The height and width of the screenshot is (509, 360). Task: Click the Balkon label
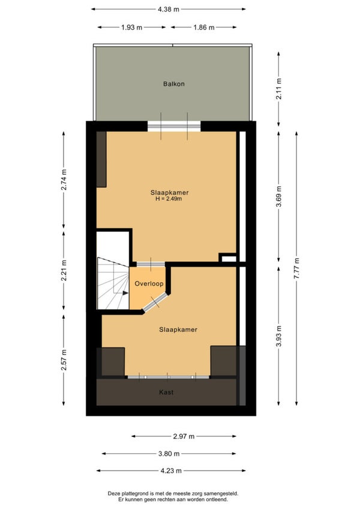click(x=173, y=84)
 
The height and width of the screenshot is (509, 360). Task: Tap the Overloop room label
click(x=149, y=284)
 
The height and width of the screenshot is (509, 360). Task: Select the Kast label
click(x=166, y=392)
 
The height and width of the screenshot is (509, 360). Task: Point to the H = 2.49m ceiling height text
click(x=169, y=199)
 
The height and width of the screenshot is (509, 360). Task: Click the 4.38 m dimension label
click(x=169, y=9)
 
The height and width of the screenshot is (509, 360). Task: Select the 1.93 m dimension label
click(x=132, y=27)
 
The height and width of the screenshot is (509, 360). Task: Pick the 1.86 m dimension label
click(x=204, y=27)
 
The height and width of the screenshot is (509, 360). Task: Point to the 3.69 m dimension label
click(x=279, y=197)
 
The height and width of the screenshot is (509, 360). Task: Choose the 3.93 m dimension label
click(x=279, y=336)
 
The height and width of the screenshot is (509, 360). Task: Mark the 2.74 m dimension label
click(x=64, y=179)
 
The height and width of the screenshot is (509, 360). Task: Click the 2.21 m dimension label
click(x=64, y=271)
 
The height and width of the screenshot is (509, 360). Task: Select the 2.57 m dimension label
click(x=64, y=360)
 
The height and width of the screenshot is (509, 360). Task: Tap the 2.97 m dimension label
click(x=184, y=436)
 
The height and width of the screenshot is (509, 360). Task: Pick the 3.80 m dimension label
click(x=169, y=454)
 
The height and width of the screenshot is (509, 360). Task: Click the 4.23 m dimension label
click(x=171, y=471)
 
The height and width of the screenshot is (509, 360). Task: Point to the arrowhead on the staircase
click(x=125, y=293)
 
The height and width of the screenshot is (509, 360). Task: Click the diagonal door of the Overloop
click(x=155, y=303)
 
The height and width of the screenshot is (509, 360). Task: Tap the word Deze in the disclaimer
click(x=113, y=494)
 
